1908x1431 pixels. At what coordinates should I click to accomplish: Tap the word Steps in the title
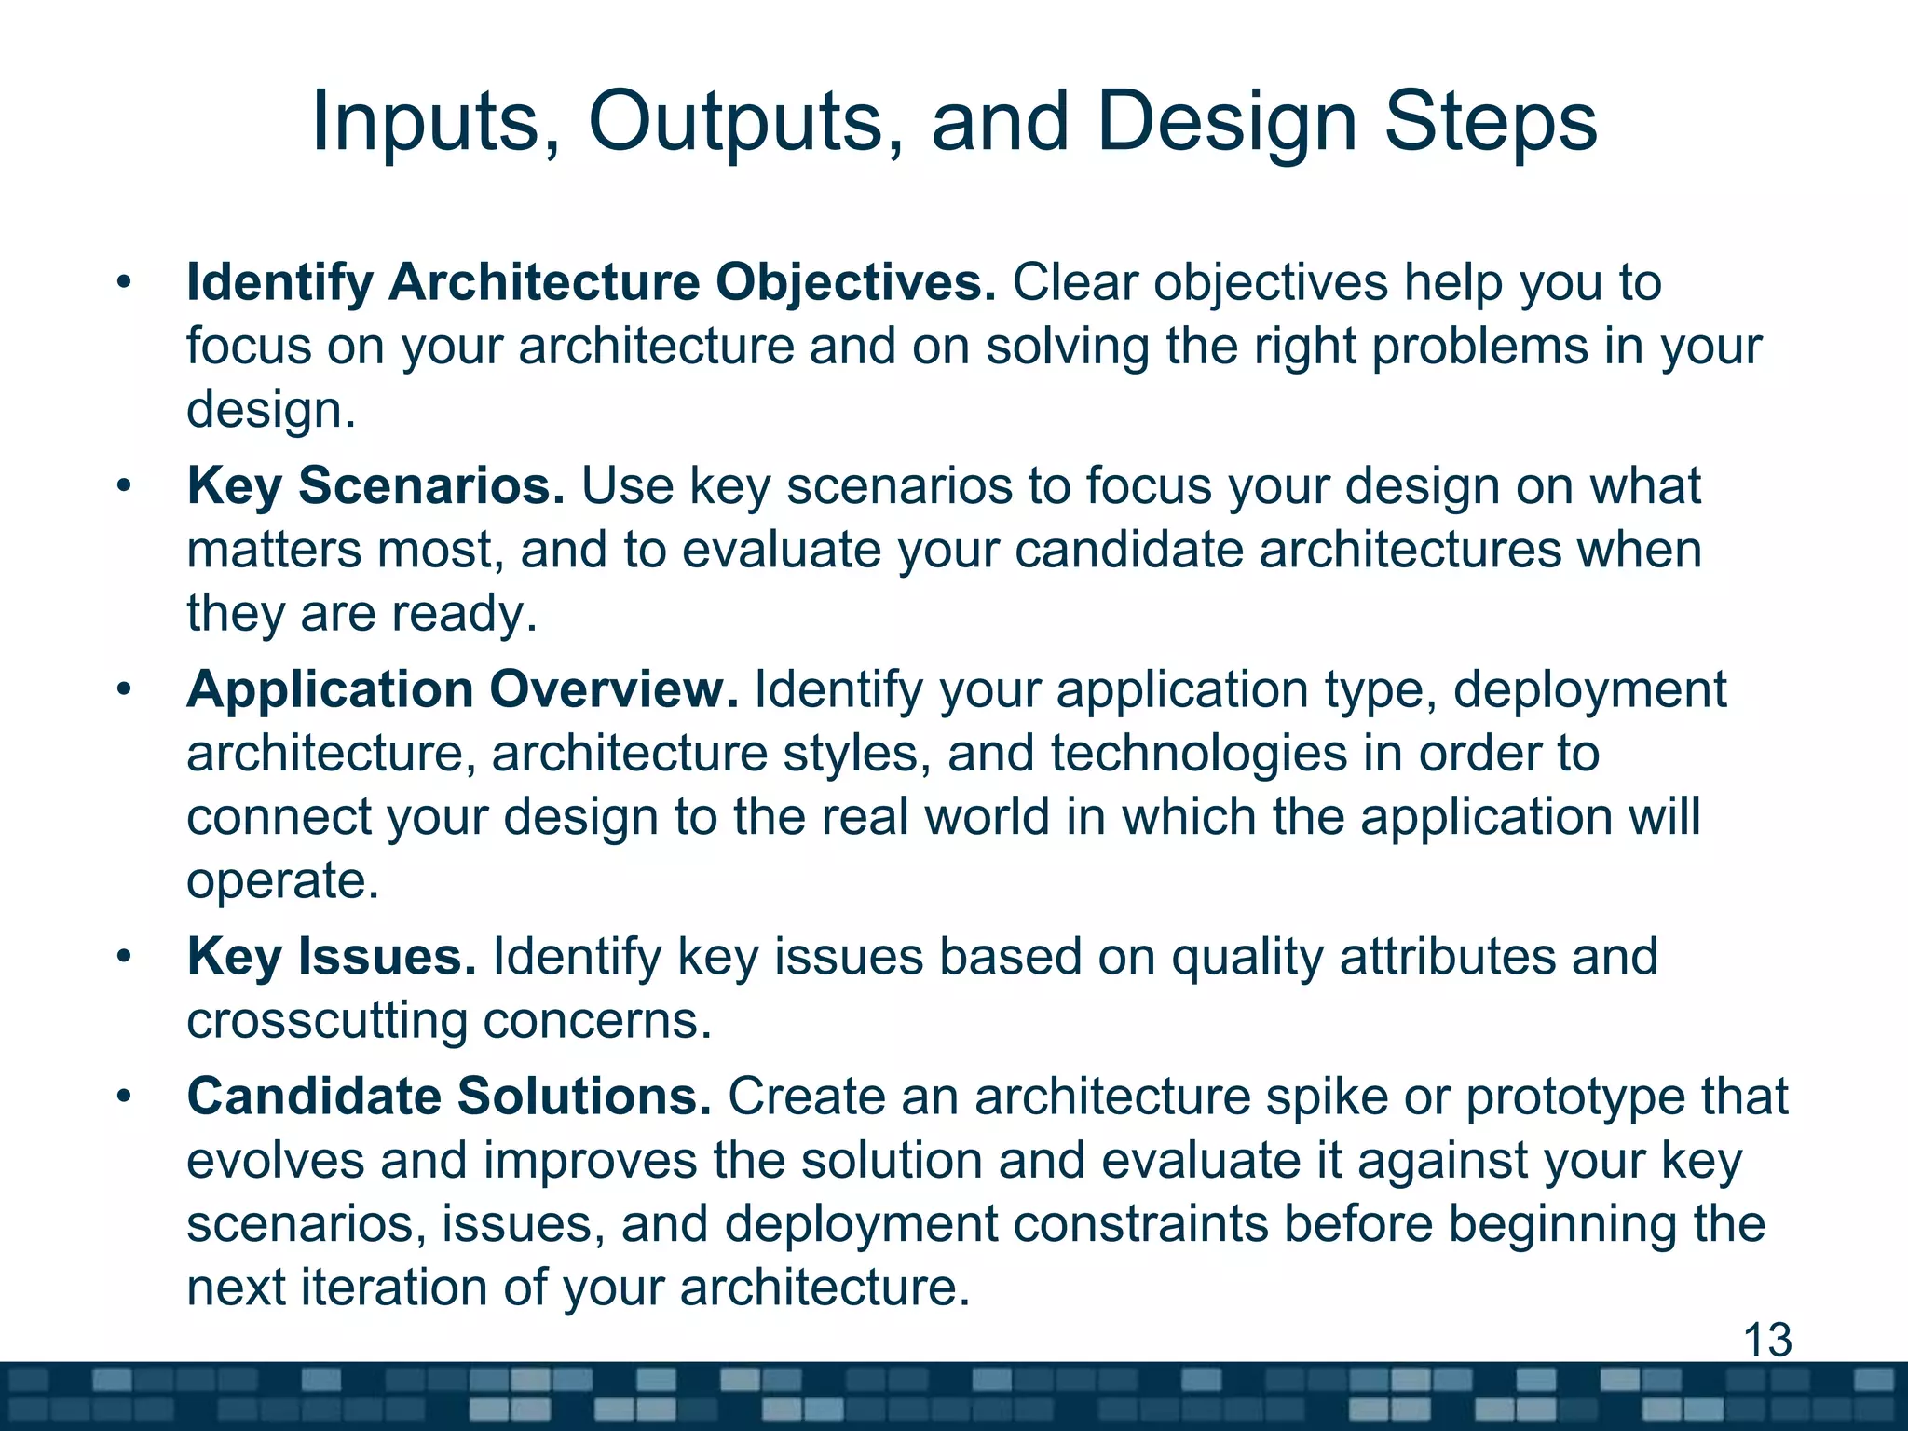(x=1490, y=123)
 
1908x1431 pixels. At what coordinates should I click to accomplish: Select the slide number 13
(x=1766, y=1341)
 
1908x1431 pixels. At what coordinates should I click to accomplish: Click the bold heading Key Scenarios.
(x=375, y=486)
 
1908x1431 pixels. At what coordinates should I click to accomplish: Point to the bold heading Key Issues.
(x=332, y=957)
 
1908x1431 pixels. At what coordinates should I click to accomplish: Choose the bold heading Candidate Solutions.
(x=449, y=1097)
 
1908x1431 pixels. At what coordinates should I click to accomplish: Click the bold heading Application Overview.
(x=462, y=690)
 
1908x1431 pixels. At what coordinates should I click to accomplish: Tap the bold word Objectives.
(x=855, y=282)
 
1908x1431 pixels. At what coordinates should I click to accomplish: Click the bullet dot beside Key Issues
(x=124, y=957)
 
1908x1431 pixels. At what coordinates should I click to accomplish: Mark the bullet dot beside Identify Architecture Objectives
(x=124, y=282)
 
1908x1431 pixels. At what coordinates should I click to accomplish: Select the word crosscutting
(x=326, y=1021)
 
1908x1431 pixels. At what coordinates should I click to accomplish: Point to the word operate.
(x=281, y=880)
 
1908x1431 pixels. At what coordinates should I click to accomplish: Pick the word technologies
(x=1199, y=753)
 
